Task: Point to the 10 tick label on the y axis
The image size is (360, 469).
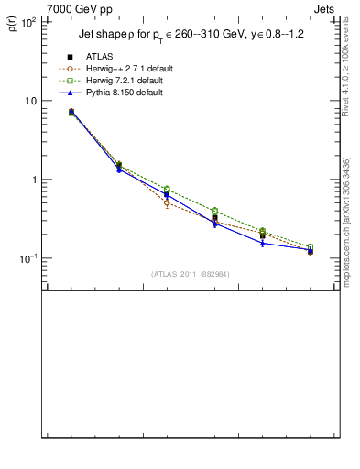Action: (30, 100)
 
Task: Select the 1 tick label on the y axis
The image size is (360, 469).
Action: (33, 180)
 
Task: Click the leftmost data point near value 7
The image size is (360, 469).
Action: (71, 112)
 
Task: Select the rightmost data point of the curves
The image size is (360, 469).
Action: (310, 249)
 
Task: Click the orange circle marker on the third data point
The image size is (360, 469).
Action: (167, 202)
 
